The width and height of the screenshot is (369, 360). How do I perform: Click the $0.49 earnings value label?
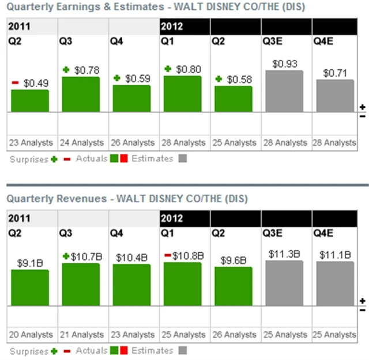pos(36,84)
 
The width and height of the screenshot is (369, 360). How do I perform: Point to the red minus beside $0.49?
pos(16,83)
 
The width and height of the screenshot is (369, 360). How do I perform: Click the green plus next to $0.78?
pos(66,70)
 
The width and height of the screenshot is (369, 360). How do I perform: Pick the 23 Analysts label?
pos(31,142)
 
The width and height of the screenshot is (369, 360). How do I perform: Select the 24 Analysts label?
pos(81,142)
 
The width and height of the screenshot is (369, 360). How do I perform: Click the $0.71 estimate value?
pos(335,73)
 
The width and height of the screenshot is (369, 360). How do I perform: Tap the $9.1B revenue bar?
pos(30,287)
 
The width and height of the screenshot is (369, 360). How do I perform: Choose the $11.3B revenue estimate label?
pos(284,253)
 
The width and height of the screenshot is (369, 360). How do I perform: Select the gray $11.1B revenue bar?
pos(335,283)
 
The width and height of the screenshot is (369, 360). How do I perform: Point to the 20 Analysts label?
pos(31,334)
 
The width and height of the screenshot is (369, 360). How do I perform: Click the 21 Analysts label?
pos(81,334)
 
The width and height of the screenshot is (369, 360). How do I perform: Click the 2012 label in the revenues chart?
pos(172,218)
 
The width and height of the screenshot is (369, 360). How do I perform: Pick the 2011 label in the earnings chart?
pos(20,26)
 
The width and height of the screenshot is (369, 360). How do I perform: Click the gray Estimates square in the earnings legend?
pos(183,158)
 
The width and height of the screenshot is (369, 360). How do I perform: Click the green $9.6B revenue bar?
pos(233,286)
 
